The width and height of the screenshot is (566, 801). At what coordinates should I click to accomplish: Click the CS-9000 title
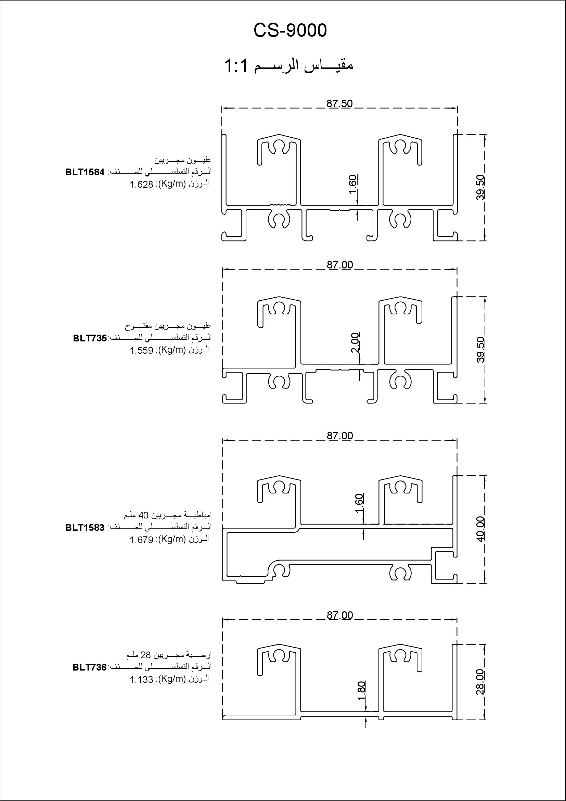(x=290, y=30)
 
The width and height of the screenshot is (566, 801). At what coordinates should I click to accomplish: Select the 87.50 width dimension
(x=339, y=104)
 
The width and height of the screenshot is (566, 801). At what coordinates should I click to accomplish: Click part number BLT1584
(x=85, y=172)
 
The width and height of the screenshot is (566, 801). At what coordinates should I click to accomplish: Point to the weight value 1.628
(x=142, y=185)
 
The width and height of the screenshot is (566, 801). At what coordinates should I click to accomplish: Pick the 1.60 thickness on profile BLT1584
(x=353, y=185)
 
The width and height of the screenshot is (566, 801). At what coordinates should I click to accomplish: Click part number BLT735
(x=90, y=338)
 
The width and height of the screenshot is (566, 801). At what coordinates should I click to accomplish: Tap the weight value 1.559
(x=142, y=350)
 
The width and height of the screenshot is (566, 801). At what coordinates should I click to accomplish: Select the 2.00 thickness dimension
(x=355, y=342)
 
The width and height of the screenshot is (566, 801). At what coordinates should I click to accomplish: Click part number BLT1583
(x=85, y=528)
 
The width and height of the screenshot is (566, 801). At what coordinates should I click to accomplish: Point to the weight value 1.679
(x=142, y=540)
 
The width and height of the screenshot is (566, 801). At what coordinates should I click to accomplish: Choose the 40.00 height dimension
(x=480, y=529)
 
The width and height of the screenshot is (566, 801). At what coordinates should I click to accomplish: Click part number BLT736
(x=90, y=667)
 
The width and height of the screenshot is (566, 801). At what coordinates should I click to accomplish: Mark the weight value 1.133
(x=142, y=679)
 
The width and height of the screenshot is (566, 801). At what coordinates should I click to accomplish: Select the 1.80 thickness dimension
(x=362, y=690)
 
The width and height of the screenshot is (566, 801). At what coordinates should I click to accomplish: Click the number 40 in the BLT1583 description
(x=144, y=515)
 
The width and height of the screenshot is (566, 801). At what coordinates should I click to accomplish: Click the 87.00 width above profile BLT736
(x=340, y=615)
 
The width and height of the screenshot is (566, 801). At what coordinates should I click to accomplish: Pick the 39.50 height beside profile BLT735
(x=480, y=350)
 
